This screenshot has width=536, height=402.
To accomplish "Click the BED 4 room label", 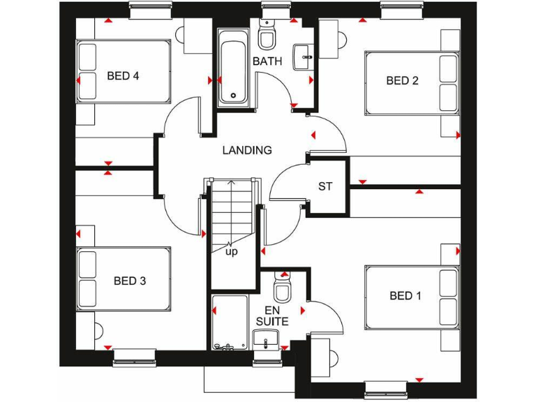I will [x=123, y=76].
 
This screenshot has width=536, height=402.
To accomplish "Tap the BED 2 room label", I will [x=402, y=80].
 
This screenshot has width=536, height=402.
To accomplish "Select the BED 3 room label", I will [x=130, y=281].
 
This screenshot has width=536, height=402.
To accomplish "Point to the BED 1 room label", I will [x=405, y=296].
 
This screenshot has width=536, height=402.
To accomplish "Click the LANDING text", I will [x=246, y=150].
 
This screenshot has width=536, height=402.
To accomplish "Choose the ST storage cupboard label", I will [x=325, y=186].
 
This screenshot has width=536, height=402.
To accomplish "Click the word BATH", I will [x=267, y=61].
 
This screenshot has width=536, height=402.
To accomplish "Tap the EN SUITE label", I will [x=276, y=315].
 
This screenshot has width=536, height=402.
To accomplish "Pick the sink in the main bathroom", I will [x=304, y=56].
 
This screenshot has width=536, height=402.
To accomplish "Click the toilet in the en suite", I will [x=283, y=288].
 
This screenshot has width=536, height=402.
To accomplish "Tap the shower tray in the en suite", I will [x=229, y=321].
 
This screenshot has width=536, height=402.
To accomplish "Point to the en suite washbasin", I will [x=266, y=340].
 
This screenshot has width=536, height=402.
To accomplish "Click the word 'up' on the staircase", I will [x=231, y=251].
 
